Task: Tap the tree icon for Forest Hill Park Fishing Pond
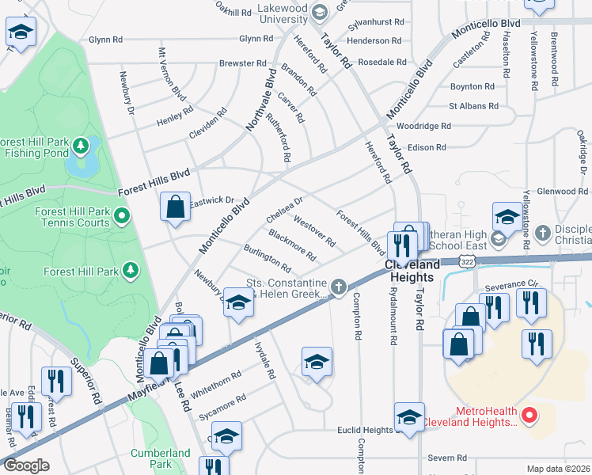(x=81, y=146)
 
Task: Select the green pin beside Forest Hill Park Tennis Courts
(x=120, y=215)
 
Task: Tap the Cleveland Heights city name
(x=412, y=271)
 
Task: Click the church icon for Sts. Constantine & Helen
(x=339, y=287)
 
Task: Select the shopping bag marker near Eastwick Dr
(x=176, y=207)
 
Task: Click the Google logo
(x=26, y=465)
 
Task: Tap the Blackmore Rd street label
(x=292, y=245)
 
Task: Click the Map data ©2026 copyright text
(x=557, y=469)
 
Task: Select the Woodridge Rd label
(x=423, y=126)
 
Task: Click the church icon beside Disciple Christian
(x=542, y=233)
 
